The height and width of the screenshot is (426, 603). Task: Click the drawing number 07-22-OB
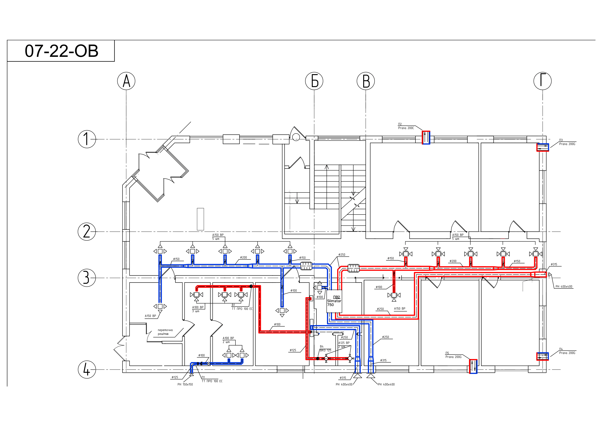coord(61,51)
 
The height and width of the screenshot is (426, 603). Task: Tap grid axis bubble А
coord(126,81)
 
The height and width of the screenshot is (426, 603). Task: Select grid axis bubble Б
coord(314,81)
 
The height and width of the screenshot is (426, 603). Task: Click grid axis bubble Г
coord(543,81)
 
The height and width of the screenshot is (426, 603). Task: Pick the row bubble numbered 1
coord(87,139)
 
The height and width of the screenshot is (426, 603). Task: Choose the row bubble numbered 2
coord(87,231)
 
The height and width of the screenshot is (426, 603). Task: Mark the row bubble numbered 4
coord(87,370)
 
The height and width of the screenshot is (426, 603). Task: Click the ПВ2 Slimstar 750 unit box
coord(334,301)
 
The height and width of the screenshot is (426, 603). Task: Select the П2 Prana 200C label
coord(406,126)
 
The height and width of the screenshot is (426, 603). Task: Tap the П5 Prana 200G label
coord(453,355)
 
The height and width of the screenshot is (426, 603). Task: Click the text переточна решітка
coord(165,332)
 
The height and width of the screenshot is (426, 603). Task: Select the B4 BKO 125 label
coord(325,348)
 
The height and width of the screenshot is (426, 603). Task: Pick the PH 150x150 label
coord(185,384)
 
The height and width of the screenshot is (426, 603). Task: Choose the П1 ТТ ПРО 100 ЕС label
coord(212,379)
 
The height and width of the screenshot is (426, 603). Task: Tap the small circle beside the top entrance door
coord(296,137)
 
